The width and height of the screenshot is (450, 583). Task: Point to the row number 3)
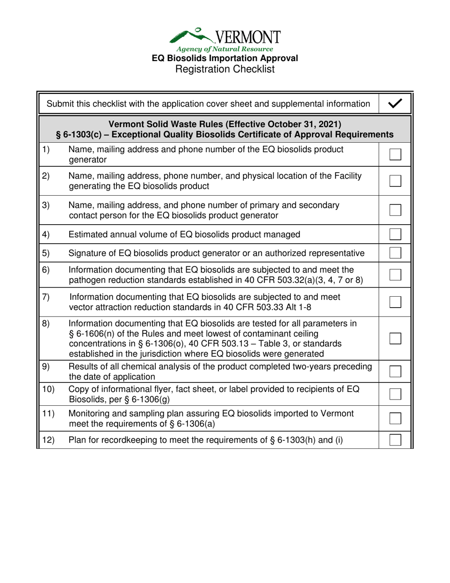(x=46, y=205)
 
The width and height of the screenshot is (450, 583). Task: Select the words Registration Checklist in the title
(x=225, y=69)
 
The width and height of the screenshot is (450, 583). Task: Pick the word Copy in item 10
(x=79, y=390)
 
